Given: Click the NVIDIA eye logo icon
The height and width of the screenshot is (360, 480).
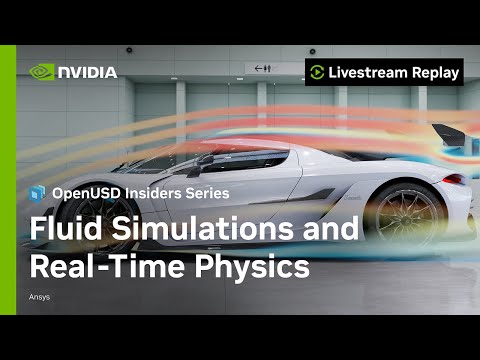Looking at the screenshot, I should pyautogui.click(x=42, y=72).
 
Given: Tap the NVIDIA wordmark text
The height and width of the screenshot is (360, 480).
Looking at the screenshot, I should pyautogui.click(x=87, y=72).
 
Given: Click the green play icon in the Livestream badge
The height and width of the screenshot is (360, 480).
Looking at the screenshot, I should pyautogui.click(x=317, y=72).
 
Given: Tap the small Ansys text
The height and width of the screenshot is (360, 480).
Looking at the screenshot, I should pyautogui.click(x=40, y=297).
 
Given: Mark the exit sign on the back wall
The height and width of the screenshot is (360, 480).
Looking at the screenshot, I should pyautogui.click(x=263, y=68).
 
